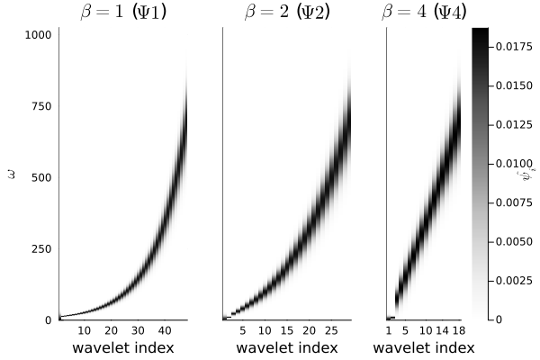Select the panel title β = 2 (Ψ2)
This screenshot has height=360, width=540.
coord(286,13)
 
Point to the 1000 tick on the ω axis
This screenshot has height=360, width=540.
coord(39,35)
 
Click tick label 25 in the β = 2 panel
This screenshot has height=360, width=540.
coord(329,331)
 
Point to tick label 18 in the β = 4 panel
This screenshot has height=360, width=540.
coord(458,331)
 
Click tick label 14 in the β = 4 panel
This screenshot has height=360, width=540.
coord(442,331)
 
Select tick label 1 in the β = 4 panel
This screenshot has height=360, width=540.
coord(389,331)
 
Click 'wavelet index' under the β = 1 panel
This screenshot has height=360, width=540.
coord(122,348)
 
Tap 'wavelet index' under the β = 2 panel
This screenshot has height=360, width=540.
coord(286,348)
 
